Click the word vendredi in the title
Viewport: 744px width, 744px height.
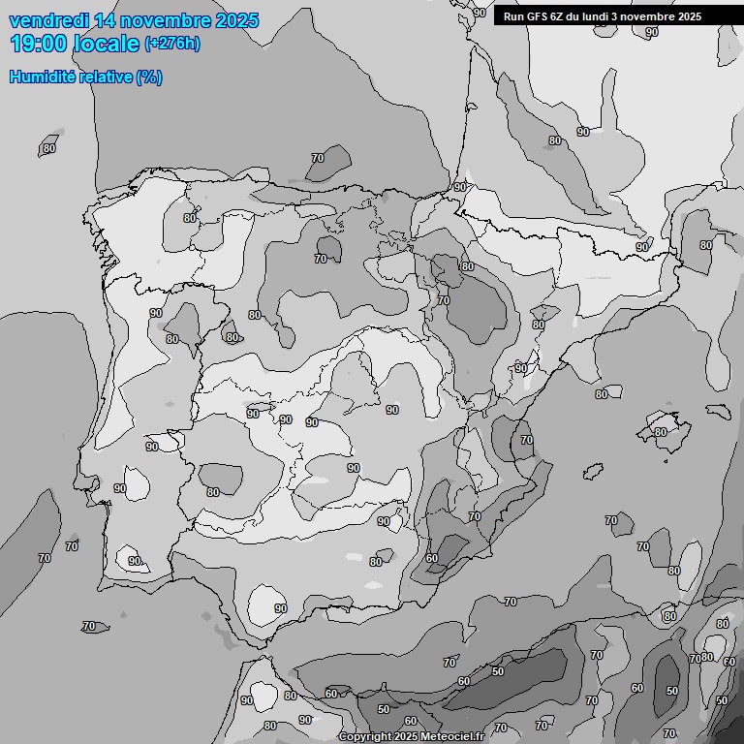click(x=47, y=20)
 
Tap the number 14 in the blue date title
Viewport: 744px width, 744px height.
click(x=104, y=20)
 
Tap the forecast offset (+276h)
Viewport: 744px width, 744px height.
click(x=172, y=44)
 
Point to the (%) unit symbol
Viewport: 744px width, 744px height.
click(x=149, y=77)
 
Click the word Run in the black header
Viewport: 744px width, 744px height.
click(x=512, y=16)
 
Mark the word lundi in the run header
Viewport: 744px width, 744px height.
click(x=600, y=16)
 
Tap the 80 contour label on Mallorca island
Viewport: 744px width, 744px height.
click(x=661, y=432)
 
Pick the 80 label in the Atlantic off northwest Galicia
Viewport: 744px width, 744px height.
click(x=48, y=148)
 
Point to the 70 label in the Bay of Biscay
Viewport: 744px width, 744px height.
click(x=318, y=158)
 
